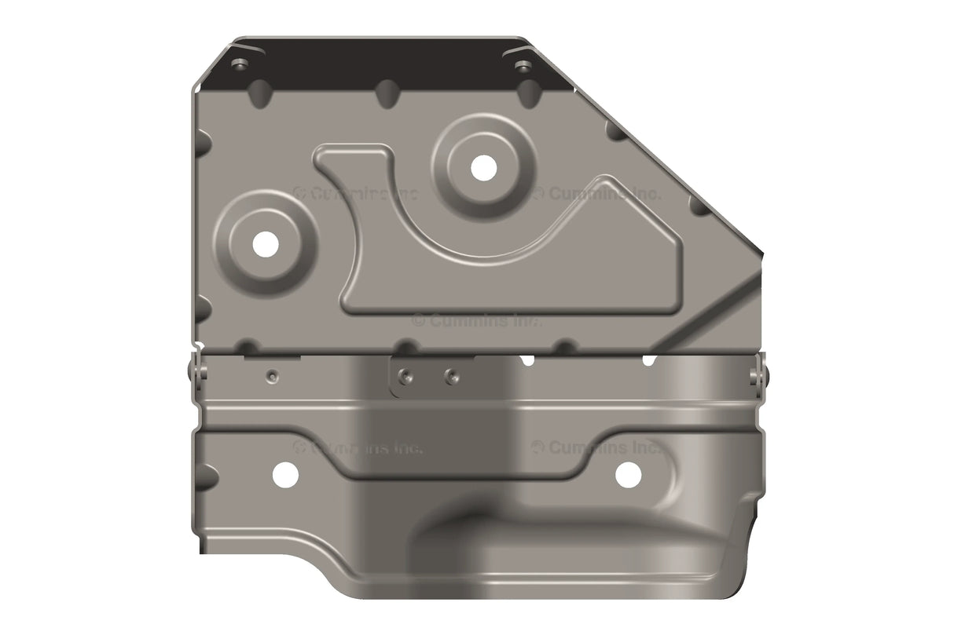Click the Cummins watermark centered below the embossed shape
pyautogui.click(x=477, y=320)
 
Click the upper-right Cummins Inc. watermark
pyautogui.click(x=597, y=192)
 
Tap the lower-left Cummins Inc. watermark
pyautogui.click(x=358, y=448)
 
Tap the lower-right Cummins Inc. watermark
pyautogui.click(x=597, y=447)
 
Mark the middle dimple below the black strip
pyautogui.click(x=387, y=93)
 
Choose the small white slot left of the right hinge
pyautogui.click(x=649, y=360)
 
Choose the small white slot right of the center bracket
pyautogui.click(x=527, y=360)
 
